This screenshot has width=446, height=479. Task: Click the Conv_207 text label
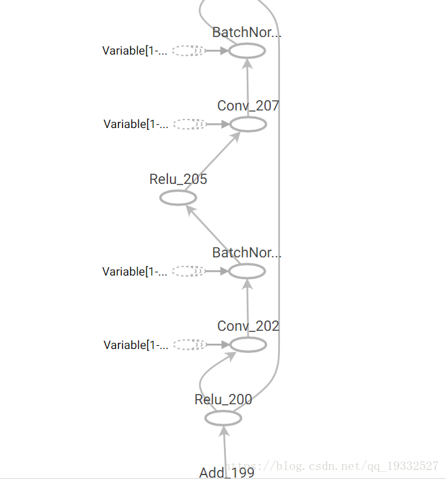(x=248, y=106)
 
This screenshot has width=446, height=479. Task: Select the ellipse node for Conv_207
(x=248, y=124)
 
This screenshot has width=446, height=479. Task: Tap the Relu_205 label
(x=178, y=179)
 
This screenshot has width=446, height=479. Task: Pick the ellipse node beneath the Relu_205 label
(x=178, y=198)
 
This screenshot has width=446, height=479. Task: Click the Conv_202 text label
(x=248, y=326)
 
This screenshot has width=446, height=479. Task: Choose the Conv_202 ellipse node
(x=248, y=345)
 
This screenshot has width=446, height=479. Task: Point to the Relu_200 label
(x=223, y=400)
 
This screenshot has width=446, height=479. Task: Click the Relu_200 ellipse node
(x=223, y=418)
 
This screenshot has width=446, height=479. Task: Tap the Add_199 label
(x=227, y=473)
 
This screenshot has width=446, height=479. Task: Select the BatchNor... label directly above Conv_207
(x=247, y=32)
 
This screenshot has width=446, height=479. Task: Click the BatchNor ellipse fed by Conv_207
(x=247, y=51)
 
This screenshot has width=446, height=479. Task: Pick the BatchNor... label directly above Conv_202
(x=247, y=253)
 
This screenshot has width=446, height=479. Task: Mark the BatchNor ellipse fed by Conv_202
(x=247, y=271)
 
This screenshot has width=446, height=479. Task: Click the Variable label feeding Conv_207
(x=135, y=124)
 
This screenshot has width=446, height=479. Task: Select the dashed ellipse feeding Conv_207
(x=189, y=124)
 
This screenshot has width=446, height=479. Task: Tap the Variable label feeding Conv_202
(x=135, y=345)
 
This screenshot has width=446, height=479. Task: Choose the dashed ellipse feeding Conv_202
(x=189, y=345)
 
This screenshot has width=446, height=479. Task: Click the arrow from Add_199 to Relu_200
(x=225, y=448)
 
